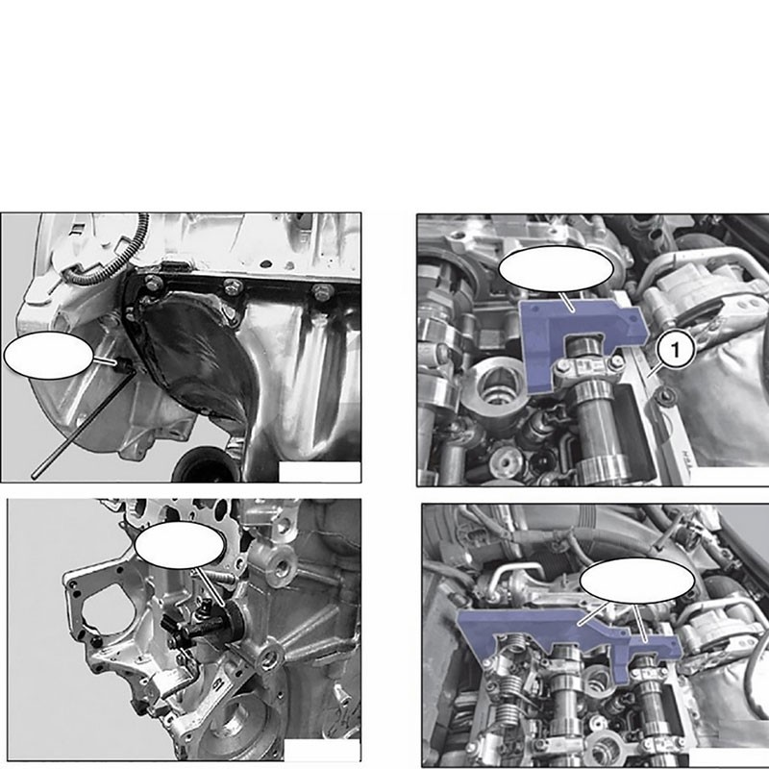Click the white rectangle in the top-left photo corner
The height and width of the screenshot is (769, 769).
318,471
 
